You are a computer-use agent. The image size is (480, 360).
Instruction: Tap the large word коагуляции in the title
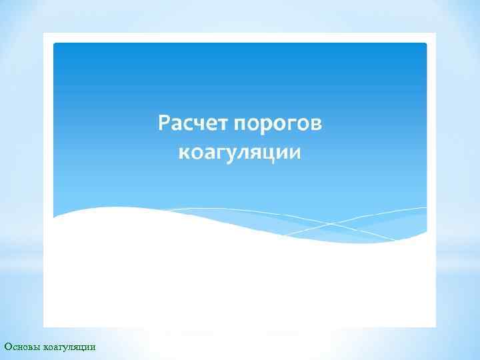click(240, 153)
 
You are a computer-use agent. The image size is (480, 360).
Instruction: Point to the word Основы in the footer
click(22, 346)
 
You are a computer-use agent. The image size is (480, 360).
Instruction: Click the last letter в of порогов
click(316, 125)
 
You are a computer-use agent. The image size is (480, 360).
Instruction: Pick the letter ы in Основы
click(37, 347)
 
